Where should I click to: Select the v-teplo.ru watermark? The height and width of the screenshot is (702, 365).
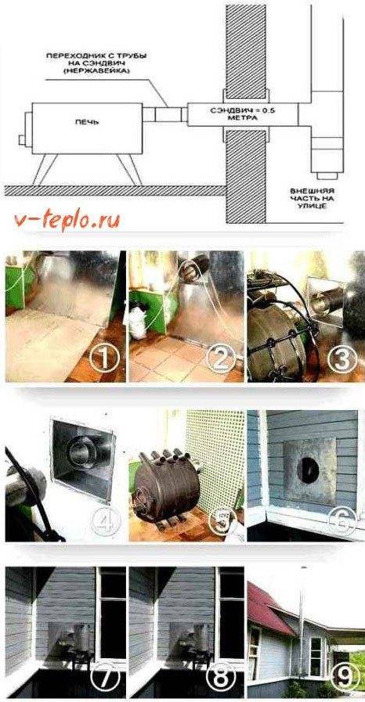point(67,221)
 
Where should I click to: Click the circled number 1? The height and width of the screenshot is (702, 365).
point(105,358)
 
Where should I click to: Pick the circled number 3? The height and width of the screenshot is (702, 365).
point(342,358)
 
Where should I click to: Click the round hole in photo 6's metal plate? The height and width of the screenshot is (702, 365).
point(308,470)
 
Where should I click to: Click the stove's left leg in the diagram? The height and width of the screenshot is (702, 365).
point(45,170)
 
